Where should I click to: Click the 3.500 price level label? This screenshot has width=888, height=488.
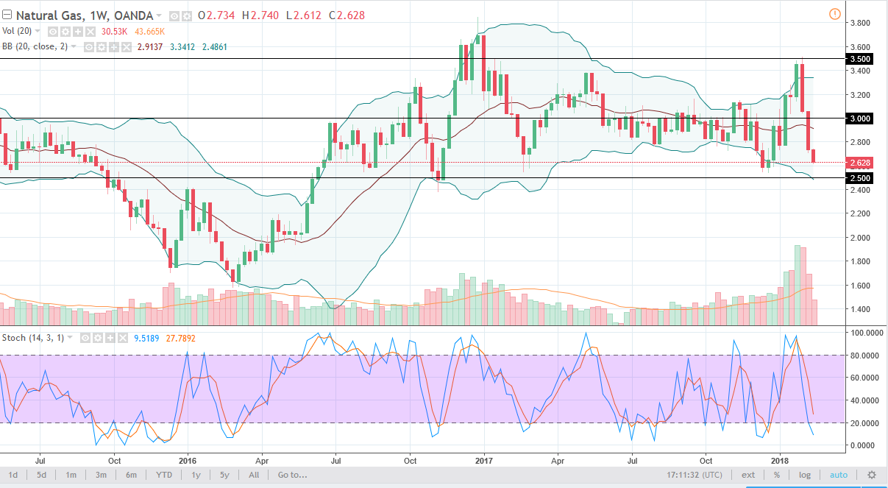[x=861, y=59]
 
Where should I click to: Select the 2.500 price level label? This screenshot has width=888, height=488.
[x=861, y=178]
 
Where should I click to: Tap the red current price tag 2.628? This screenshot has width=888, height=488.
[x=861, y=162]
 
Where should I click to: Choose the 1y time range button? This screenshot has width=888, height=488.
[x=196, y=475]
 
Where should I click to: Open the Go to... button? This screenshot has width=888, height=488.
[x=292, y=475]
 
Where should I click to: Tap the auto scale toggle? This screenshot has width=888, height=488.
[x=839, y=475]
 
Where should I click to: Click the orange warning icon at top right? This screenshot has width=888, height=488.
[x=834, y=14]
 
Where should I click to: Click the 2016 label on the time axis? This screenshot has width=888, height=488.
[x=187, y=460]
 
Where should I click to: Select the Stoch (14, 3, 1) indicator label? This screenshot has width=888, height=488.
[x=35, y=338]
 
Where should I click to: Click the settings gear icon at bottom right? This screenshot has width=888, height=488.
[x=872, y=475]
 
